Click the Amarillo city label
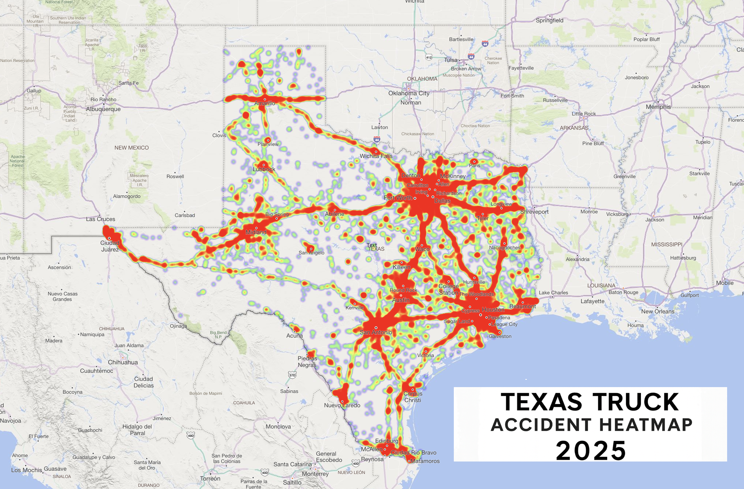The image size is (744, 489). pyautogui.click(x=265, y=103)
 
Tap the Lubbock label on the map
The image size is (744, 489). pyautogui.click(x=264, y=169)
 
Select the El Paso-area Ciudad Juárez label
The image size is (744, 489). pyautogui.click(x=110, y=246)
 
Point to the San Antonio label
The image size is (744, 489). pyautogui.click(x=376, y=332)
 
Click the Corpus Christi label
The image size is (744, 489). pyautogui.click(x=413, y=397)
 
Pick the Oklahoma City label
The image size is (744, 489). pyautogui.click(x=409, y=93)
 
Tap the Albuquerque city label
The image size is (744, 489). pyautogui.click(x=103, y=109)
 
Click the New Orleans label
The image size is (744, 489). pyautogui.click(x=657, y=312)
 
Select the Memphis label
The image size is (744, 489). pyautogui.click(x=658, y=107)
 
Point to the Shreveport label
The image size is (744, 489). pyautogui.click(x=534, y=212)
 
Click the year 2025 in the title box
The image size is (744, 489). pyautogui.click(x=591, y=451)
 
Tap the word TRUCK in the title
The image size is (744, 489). pyautogui.click(x=635, y=402)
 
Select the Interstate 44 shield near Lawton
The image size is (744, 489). pyautogui.click(x=377, y=139)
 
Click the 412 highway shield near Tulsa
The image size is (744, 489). pyautogui.click(x=429, y=57)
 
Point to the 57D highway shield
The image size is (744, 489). pyautogui.click(x=292, y=375)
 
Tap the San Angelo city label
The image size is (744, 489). pyautogui.click(x=311, y=253)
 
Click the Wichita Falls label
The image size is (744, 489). pyautogui.click(x=376, y=156)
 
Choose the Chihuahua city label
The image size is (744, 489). pyautogui.click(x=123, y=362)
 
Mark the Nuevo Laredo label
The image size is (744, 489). pyautogui.click(x=342, y=405)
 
